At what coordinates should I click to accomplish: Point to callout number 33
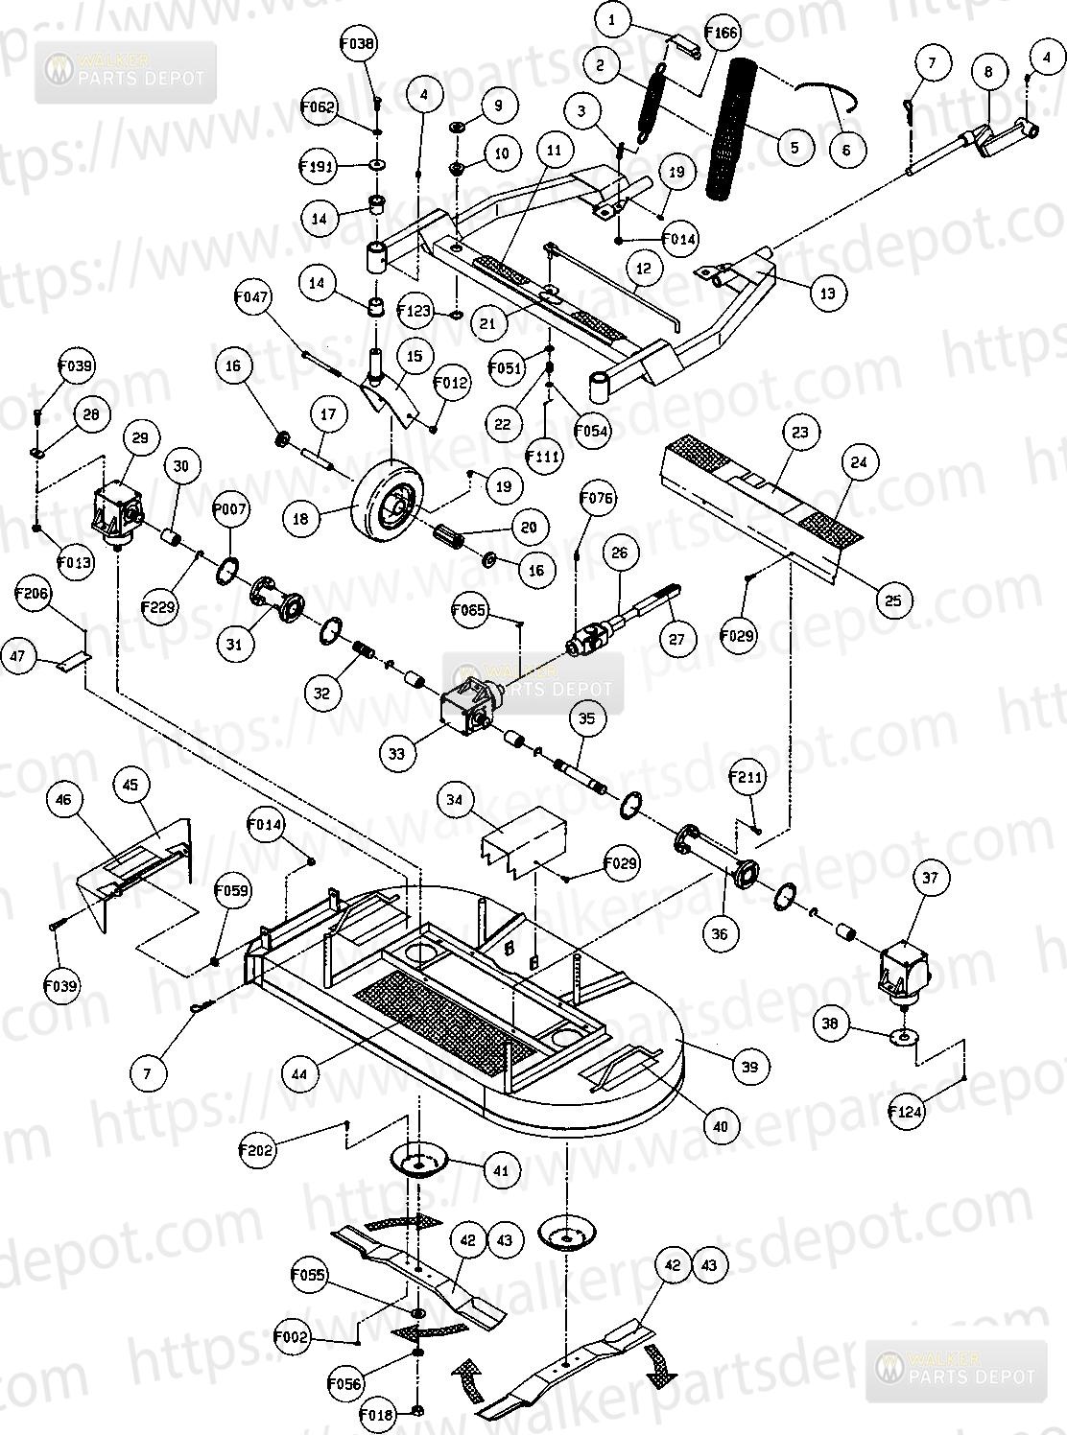click(x=397, y=754)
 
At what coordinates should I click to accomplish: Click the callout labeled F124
click(x=905, y=1113)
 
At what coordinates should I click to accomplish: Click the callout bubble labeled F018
click(x=377, y=1414)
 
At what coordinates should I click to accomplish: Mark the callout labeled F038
click(x=358, y=43)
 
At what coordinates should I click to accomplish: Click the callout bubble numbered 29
click(x=141, y=438)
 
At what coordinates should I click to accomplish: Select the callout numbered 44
click(x=300, y=1075)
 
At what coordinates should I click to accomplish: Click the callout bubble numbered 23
click(x=799, y=432)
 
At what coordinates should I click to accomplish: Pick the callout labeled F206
click(x=33, y=594)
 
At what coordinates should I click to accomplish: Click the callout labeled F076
click(x=598, y=498)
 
